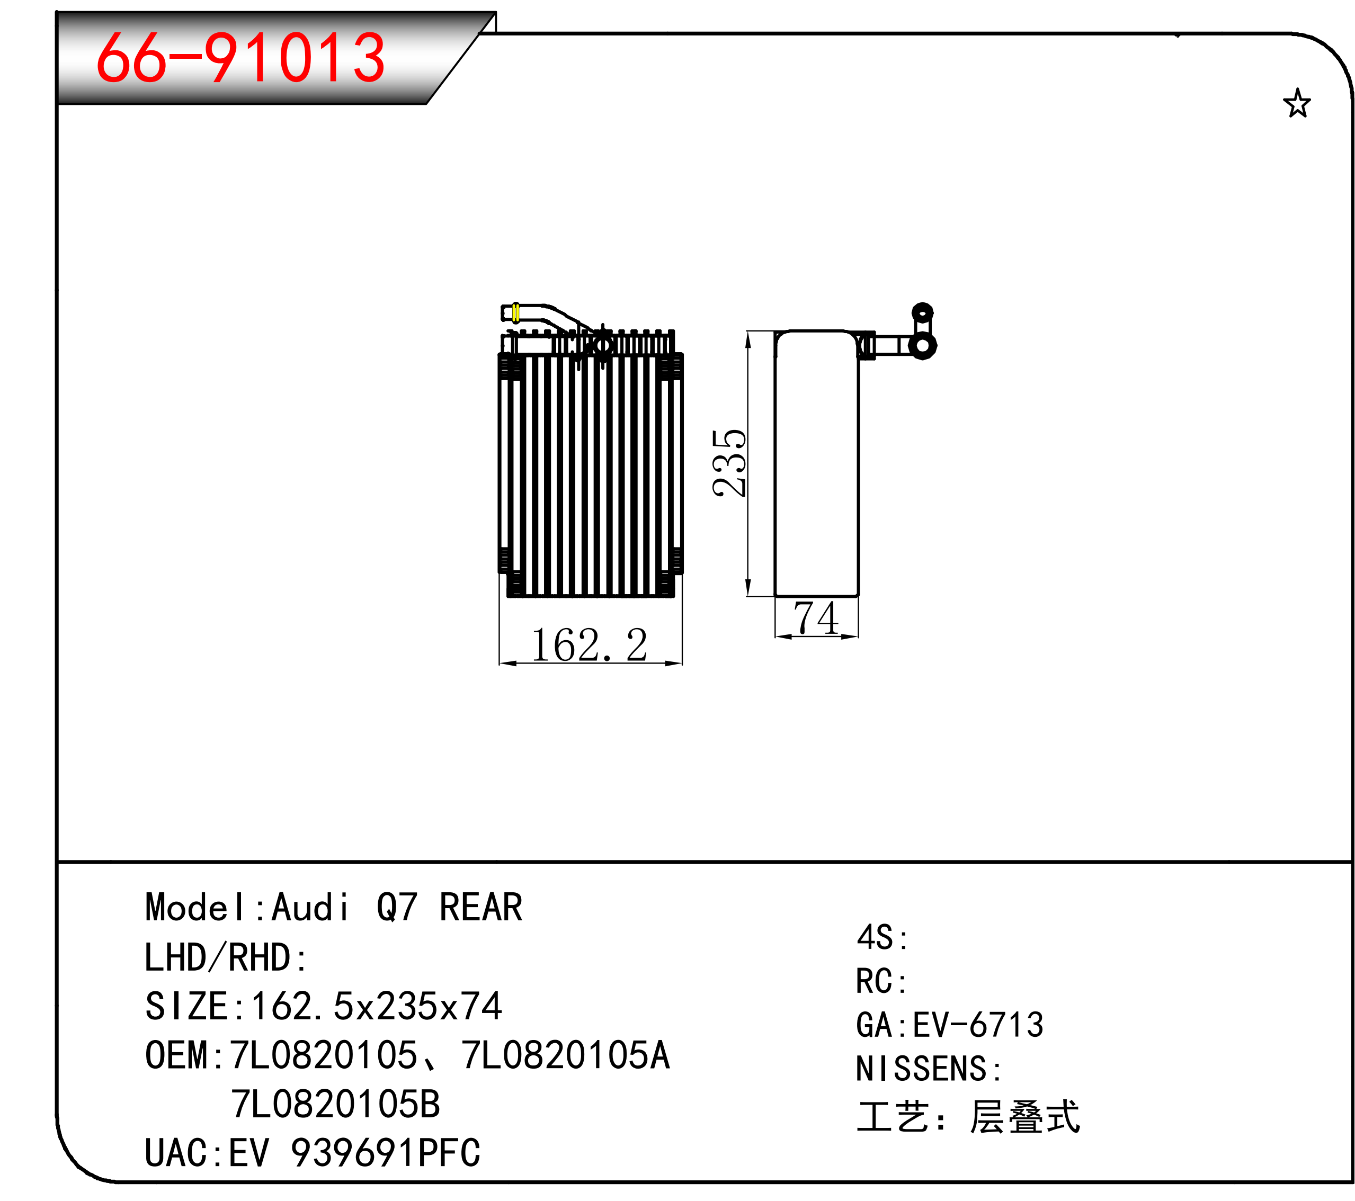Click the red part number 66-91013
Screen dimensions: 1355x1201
click(240, 58)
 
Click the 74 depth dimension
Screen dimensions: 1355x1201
click(816, 618)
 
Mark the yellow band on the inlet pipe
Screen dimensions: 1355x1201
click(516, 313)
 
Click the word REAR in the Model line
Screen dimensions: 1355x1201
click(480, 908)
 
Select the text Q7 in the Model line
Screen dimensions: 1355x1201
click(396, 908)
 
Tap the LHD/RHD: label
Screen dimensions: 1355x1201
click(225, 958)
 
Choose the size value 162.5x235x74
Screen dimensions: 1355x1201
click(377, 1006)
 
